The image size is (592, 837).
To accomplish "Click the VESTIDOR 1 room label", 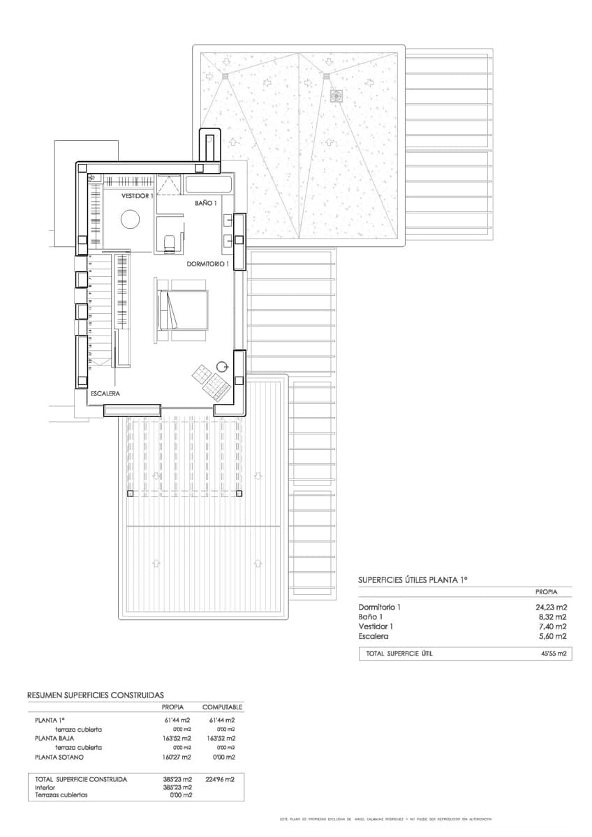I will (x=137, y=197).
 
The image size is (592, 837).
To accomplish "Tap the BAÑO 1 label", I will (x=207, y=203).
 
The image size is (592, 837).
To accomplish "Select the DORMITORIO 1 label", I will (x=208, y=264).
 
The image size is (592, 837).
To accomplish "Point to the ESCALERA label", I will (x=105, y=394).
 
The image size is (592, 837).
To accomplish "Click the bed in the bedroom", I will (x=184, y=309).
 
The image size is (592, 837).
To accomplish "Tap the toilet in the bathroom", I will (x=169, y=241).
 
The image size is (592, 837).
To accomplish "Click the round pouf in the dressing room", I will (x=130, y=220).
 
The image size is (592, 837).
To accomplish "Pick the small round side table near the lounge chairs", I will (x=223, y=365).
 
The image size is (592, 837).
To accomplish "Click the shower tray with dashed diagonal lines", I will (x=168, y=185).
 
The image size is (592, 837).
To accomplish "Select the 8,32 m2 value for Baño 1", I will (x=552, y=617).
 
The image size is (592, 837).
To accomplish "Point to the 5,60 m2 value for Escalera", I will (x=552, y=636).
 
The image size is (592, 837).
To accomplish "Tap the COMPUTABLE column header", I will (x=221, y=707).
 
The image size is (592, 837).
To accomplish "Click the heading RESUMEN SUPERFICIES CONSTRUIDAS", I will (x=95, y=695).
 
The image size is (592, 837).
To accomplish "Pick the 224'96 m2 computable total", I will (x=220, y=779).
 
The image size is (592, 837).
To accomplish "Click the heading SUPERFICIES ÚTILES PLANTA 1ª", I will (x=412, y=580).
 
